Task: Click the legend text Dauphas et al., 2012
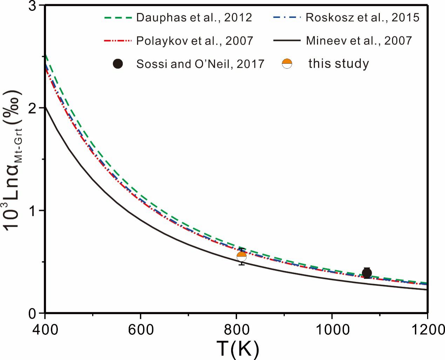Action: click(194, 18)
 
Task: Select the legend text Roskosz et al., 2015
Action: click(362, 18)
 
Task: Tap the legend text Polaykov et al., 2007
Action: click(195, 41)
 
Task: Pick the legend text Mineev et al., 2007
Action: click(359, 41)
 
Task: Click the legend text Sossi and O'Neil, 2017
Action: click(200, 64)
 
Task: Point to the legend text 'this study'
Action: click(338, 64)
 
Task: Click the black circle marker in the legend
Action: click(118, 64)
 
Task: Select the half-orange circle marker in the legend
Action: click(287, 64)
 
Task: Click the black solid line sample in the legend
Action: click(286, 41)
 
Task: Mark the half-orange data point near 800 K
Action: click(242, 257)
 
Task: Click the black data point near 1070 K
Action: click(367, 273)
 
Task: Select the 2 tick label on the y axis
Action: click(36, 108)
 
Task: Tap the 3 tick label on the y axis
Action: click(36, 7)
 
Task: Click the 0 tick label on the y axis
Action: click(36, 313)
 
